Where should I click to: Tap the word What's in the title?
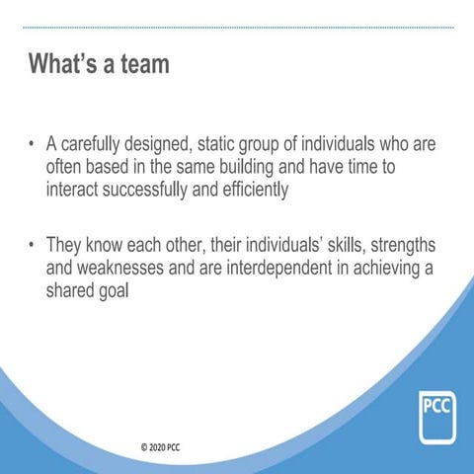pos(61,66)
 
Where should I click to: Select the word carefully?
pos(97,145)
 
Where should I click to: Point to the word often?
pos(66,168)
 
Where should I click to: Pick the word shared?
pos(74,289)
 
